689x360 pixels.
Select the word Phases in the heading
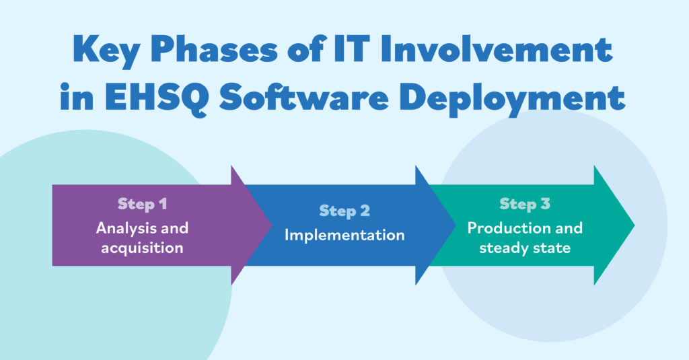[x=215, y=49]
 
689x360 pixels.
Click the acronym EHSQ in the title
[x=156, y=97]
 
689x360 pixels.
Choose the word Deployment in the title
[x=512, y=98]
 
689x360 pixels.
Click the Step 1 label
[x=143, y=204]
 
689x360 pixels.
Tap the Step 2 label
[x=344, y=211]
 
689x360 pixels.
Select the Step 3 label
[x=525, y=204]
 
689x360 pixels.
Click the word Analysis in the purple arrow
[x=124, y=229]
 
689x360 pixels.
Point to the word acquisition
[x=143, y=248]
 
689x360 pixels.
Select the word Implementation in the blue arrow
[x=344, y=235]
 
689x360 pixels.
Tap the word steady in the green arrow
[x=501, y=248]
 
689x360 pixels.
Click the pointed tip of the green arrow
[x=634, y=225]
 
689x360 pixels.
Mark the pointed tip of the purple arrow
[x=272, y=225]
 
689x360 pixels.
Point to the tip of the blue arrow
[x=456, y=225]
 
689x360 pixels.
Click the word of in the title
[x=307, y=48]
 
